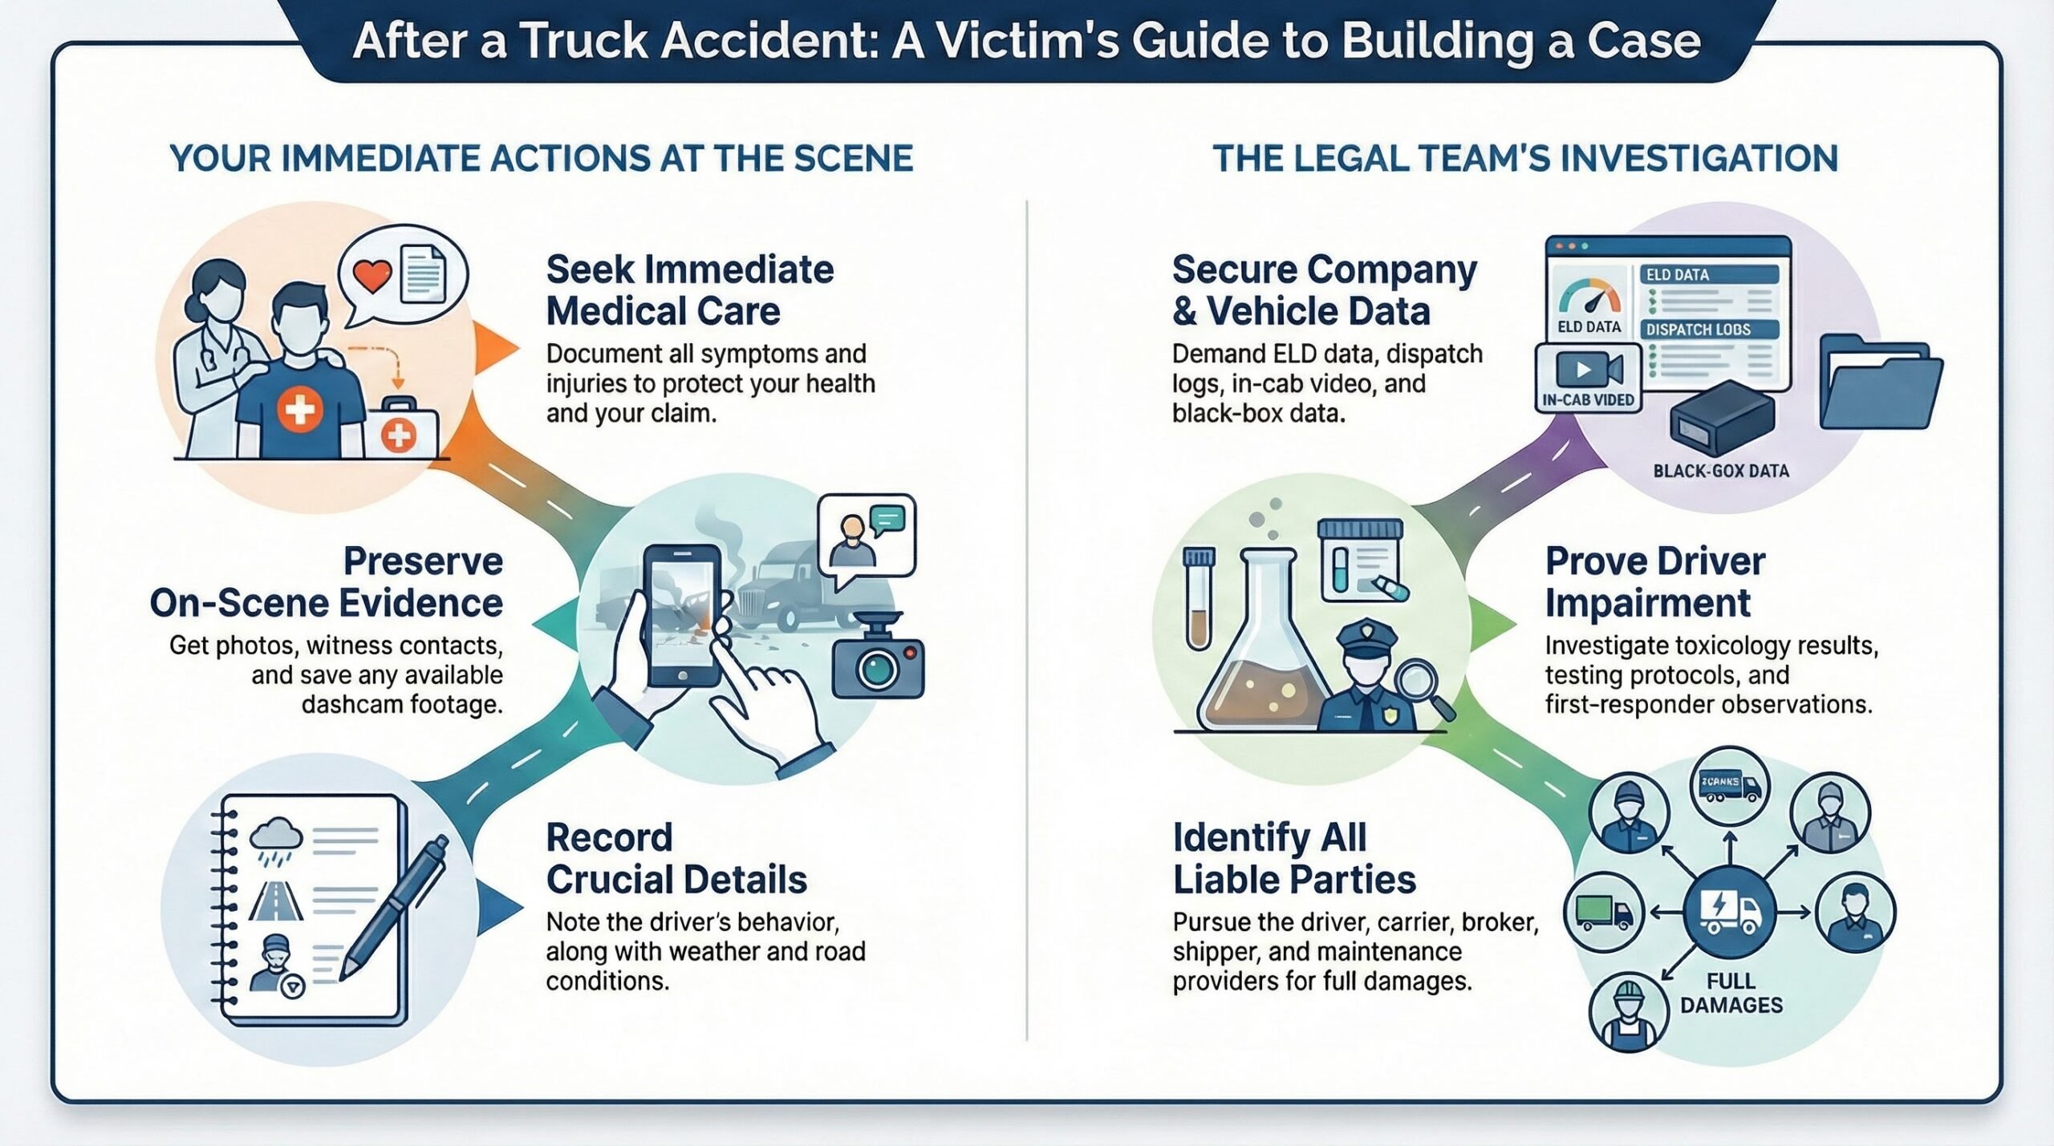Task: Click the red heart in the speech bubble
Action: tap(371, 277)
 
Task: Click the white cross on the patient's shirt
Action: tap(299, 411)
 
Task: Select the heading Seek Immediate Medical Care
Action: tap(689, 290)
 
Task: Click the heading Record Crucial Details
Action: tap(676, 859)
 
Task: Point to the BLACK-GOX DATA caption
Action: tap(1721, 472)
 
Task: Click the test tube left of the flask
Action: tap(1199, 597)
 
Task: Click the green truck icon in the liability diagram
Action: tap(1604, 913)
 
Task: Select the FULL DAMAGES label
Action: tap(1731, 993)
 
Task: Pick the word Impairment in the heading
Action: tap(1647, 603)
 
